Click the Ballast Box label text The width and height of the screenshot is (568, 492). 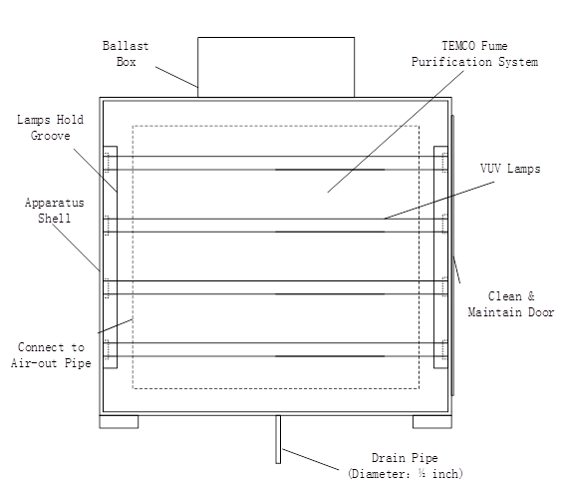(126, 54)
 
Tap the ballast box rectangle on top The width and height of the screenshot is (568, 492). (276, 67)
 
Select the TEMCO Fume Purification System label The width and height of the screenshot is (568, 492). (474, 54)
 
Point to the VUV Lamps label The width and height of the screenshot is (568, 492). (510, 169)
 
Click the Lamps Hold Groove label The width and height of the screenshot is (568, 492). (51, 128)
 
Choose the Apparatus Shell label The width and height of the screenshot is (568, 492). (55, 211)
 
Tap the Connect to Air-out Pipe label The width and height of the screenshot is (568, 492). (51, 355)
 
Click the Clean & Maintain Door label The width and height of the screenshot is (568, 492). (511, 304)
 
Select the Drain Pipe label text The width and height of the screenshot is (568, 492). (405, 458)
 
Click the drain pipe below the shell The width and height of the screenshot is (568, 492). (278, 439)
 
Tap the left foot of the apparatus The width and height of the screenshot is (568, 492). (119, 421)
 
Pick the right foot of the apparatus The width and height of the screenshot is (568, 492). (432, 421)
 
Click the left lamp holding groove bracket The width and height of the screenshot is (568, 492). (111, 257)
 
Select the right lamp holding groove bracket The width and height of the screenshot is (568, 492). (440, 257)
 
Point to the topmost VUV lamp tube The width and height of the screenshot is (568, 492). (276, 163)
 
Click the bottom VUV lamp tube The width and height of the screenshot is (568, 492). (276, 349)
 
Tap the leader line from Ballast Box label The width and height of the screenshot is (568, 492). (176, 77)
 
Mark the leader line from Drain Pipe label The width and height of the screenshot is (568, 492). (311, 460)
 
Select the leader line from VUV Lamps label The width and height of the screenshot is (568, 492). (439, 201)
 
